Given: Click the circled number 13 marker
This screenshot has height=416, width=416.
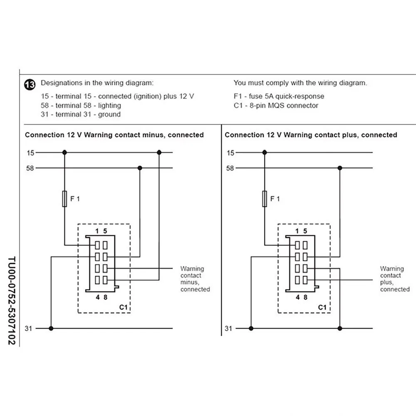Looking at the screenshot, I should pyautogui.click(x=30, y=84).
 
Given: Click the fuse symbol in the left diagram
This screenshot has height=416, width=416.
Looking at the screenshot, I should pyautogui.click(x=64, y=199).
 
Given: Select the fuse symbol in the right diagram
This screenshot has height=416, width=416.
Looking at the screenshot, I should pyautogui.click(x=264, y=199).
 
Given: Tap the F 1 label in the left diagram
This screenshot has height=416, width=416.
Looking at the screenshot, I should pyautogui.click(x=75, y=199).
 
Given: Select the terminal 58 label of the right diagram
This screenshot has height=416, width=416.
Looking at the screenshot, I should pyautogui.click(x=230, y=168).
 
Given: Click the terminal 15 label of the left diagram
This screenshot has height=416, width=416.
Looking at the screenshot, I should pyautogui.click(x=30, y=153).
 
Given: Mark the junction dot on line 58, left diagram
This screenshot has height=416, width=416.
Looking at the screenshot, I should pyautogui.click(x=140, y=168).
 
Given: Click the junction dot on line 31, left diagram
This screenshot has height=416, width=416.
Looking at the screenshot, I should pyautogui.click(x=51, y=328).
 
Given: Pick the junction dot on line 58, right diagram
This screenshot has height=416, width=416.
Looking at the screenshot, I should pyautogui.click(x=340, y=168).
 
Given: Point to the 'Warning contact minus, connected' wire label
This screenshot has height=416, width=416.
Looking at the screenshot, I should pyautogui.click(x=195, y=279).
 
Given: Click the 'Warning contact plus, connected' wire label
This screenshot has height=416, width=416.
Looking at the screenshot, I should pyautogui.click(x=394, y=279).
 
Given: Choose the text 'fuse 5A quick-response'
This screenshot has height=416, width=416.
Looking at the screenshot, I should pyautogui.click(x=287, y=96).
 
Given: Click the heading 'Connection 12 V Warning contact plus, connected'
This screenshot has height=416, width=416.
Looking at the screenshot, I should pyautogui.click(x=311, y=135).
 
